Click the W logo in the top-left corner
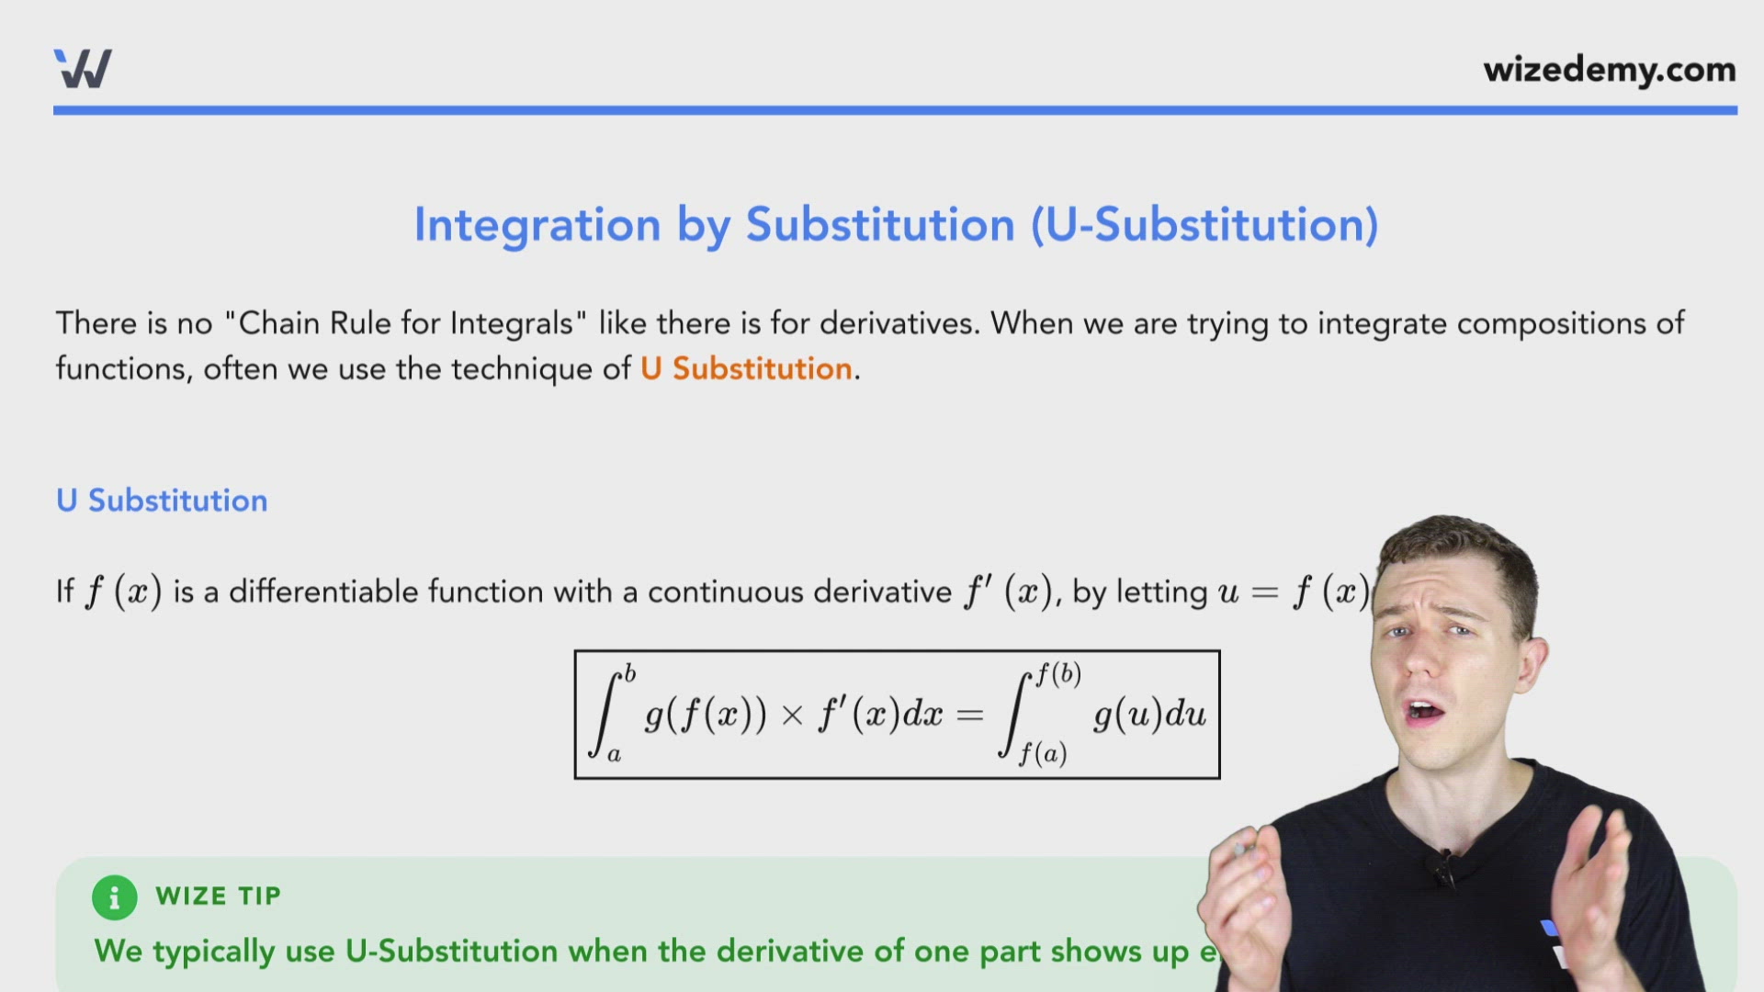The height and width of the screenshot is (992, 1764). [x=83, y=69]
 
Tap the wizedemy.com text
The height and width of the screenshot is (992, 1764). [x=1609, y=70]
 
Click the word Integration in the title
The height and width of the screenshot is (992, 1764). [x=537, y=225]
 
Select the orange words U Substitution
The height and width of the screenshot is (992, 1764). [x=746, y=368]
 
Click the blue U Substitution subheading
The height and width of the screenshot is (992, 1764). [x=162, y=501]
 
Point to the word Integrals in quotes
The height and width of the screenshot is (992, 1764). [x=512, y=323]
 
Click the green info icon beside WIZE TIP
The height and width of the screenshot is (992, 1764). [x=114, y=897]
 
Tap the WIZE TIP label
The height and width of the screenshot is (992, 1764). [x=218, y=896]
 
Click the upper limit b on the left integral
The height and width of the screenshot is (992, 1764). [x=629, y=673]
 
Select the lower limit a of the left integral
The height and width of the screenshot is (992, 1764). [x=615, y=756]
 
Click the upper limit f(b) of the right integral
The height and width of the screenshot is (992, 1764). [x=1058, y=675]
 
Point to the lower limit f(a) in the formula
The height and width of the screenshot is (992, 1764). [x=1043, y=755]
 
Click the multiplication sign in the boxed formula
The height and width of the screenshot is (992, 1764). [x=792, y=716]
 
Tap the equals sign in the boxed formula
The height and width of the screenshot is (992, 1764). [x=969, y=716]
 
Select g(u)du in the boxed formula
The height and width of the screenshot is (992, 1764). [x=1148, y=715]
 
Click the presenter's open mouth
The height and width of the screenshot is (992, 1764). [x=1425, y=711]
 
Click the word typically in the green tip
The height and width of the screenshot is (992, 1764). [x=213, y=952]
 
